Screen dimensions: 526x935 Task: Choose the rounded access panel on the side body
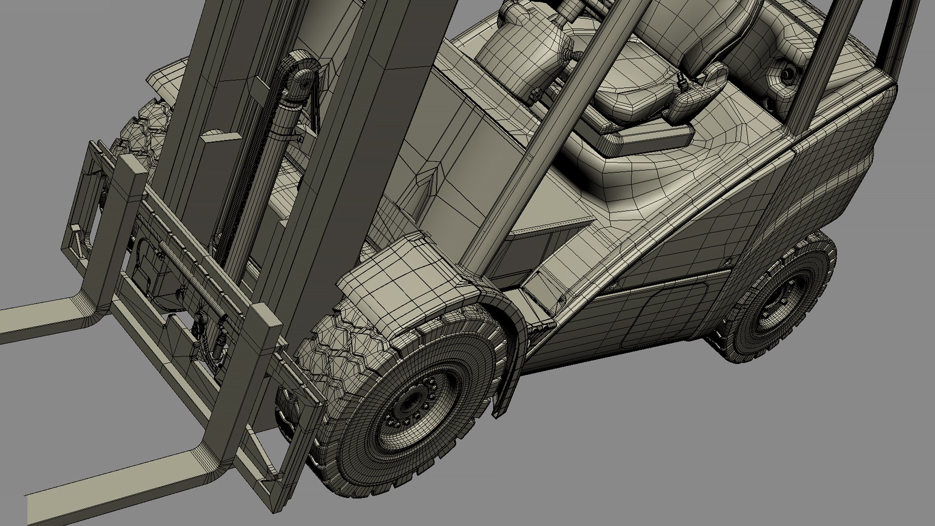pyautogui.click(x=667, y=312)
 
